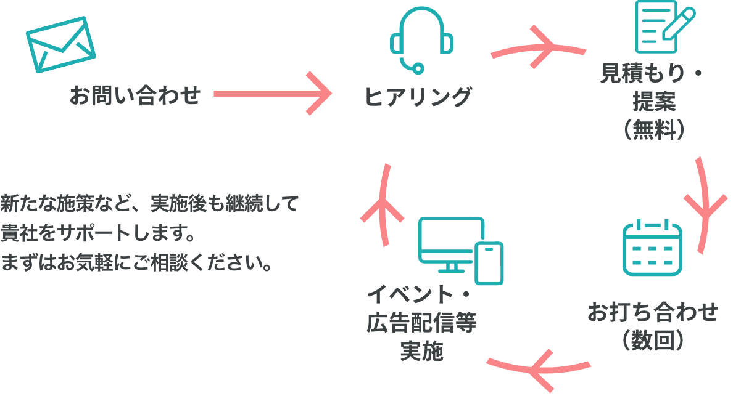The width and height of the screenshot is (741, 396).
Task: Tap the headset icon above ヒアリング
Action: coord(421,41)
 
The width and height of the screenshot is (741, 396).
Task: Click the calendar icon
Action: coord(652,247)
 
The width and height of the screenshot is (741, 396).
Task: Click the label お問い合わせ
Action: coord(135,95)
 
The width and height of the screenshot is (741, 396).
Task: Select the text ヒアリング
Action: coord(418,97)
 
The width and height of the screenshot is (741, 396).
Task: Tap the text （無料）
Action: coord(654,129)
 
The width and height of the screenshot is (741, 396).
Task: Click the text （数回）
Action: coord(653,339)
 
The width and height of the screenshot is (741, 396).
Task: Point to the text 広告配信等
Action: coord(422,323)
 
